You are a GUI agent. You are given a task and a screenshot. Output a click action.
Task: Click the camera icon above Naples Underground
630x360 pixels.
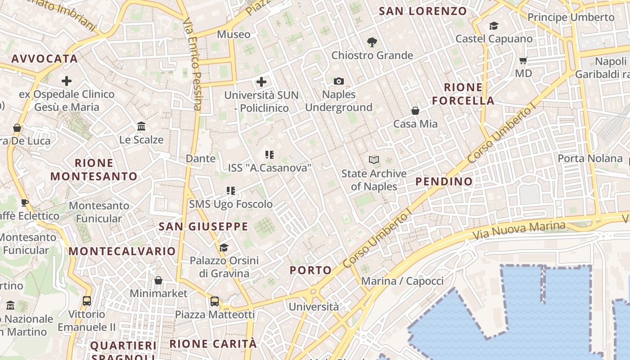tap(339, 81)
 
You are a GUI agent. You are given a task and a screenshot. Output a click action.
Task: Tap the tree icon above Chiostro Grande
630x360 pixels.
tap(372, 42)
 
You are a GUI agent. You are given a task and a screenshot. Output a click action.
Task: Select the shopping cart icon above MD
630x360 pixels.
tap(523, 60)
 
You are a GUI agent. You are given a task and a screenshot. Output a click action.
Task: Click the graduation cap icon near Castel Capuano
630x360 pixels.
tap(494, 26)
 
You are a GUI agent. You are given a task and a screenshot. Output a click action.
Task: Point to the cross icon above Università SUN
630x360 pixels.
tap(261, 82)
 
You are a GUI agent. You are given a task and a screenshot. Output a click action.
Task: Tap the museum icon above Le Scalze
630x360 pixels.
tap(141, 126)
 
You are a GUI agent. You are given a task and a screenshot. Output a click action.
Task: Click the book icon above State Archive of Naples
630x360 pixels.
tap(373, 160)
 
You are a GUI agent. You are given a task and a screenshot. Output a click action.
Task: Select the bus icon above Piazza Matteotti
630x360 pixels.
tap(215, 301)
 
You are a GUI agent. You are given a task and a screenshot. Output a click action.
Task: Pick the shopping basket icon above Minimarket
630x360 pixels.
tap(158, 280)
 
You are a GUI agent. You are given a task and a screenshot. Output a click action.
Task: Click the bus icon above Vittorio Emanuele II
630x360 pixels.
tap(87, 301)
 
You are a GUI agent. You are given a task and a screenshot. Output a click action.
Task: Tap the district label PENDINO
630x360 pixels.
tap(444, 181)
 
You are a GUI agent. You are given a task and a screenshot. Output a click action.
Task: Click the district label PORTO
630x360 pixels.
tap(310, 270)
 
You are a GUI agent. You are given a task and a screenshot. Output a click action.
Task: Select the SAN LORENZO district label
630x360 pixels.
tap(423, 11)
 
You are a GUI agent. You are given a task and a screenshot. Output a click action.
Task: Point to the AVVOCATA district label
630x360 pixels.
tap(45, 58)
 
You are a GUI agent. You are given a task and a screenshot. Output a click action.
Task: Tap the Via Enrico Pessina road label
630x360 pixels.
tap(192, 63)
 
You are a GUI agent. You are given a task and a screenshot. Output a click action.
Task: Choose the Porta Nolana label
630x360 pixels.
tap(589, 158)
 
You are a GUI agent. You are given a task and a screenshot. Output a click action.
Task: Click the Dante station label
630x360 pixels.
tap(201, 158)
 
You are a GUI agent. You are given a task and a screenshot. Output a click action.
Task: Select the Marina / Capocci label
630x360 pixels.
tap(402, 281)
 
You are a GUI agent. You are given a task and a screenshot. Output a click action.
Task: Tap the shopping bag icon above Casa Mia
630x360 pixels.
tap(415, 110)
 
